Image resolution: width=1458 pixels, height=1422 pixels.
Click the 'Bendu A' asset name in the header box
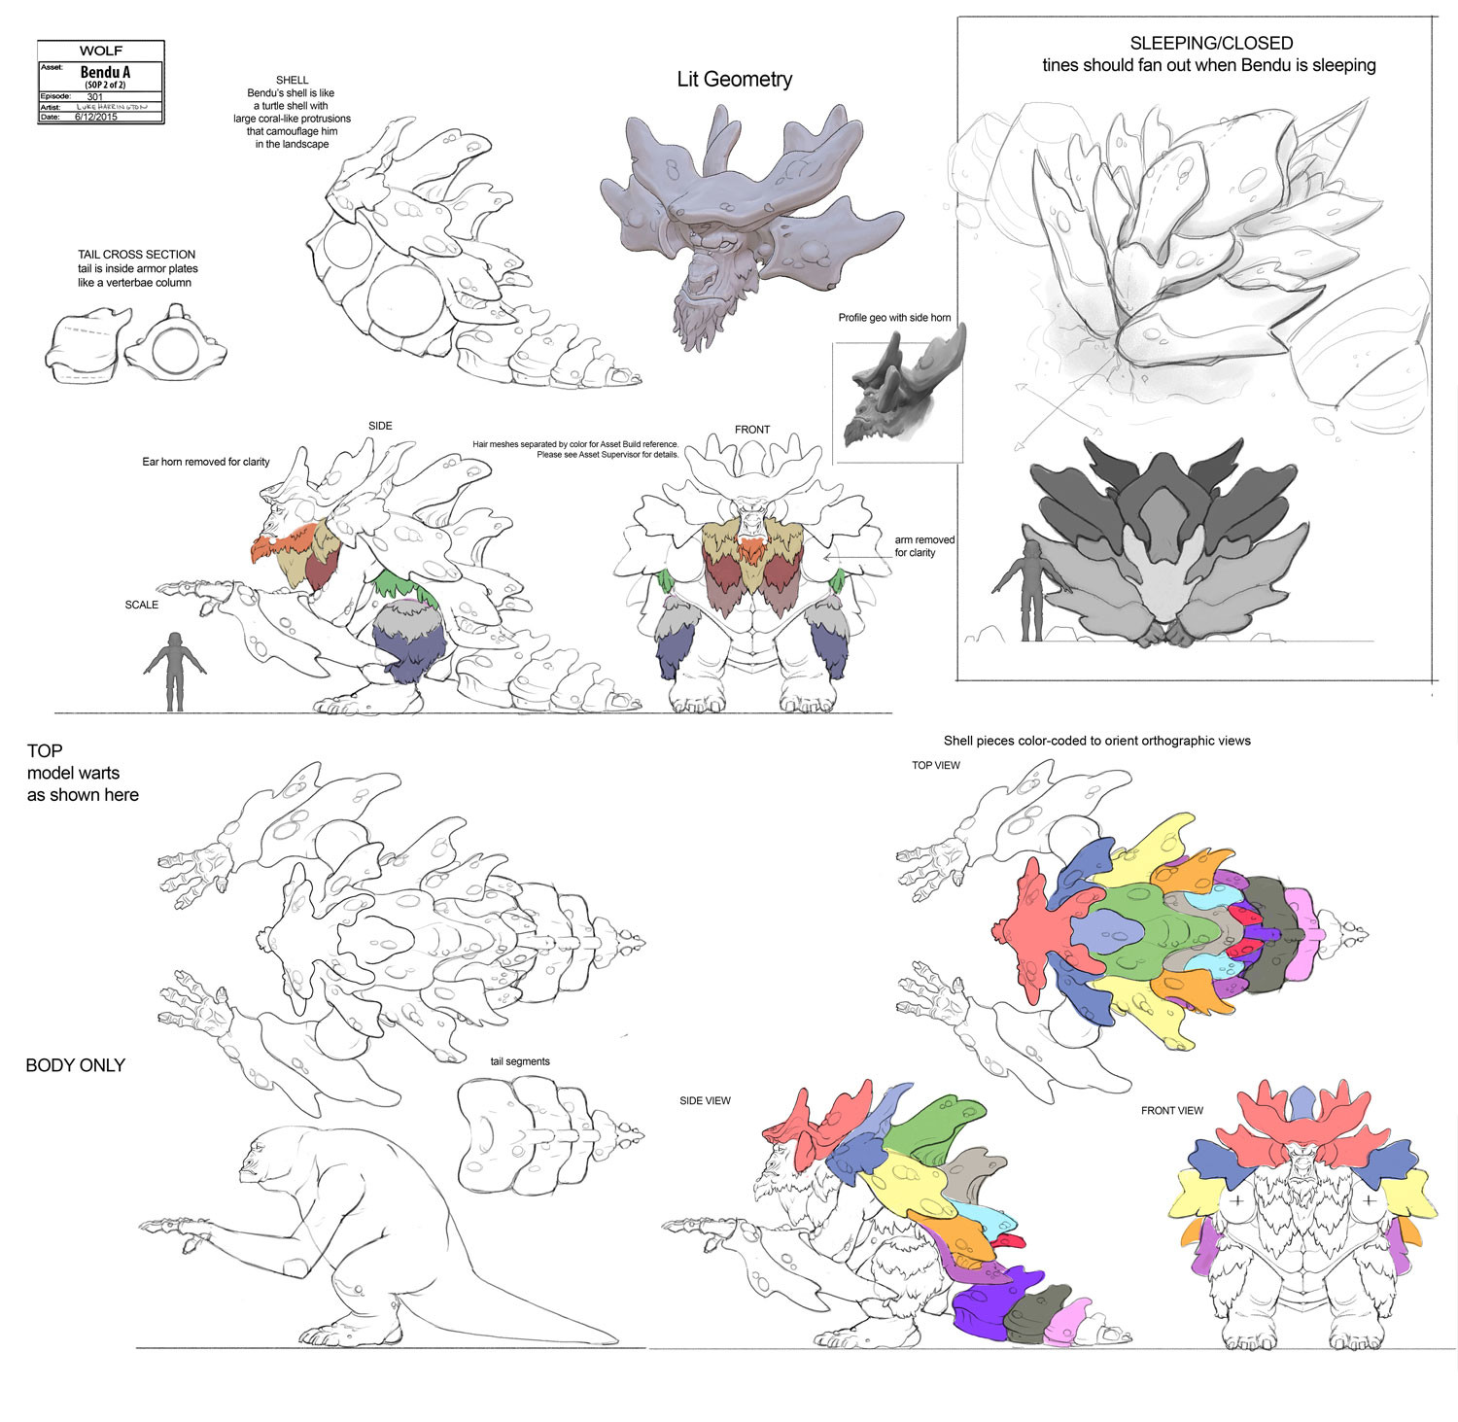[x=105, y=73]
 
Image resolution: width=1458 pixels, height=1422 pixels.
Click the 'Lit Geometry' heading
[x=734, y=80]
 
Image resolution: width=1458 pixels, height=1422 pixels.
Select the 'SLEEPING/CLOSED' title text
[x=1210, y=43]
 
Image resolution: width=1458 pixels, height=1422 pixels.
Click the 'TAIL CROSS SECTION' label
[x=137, y=255]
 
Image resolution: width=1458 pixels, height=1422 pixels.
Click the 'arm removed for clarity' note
[x=923, y=546]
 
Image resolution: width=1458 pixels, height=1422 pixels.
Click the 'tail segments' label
[x=520, y=1061]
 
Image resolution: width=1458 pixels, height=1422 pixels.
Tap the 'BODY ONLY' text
[x=75, y=1065]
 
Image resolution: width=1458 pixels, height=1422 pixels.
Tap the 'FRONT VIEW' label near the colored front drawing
[x=1171, y=1110]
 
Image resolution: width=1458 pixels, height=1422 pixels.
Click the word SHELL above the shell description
[x=292, y=81]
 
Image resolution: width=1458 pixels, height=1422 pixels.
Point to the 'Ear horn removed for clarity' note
[x=206, y=462]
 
